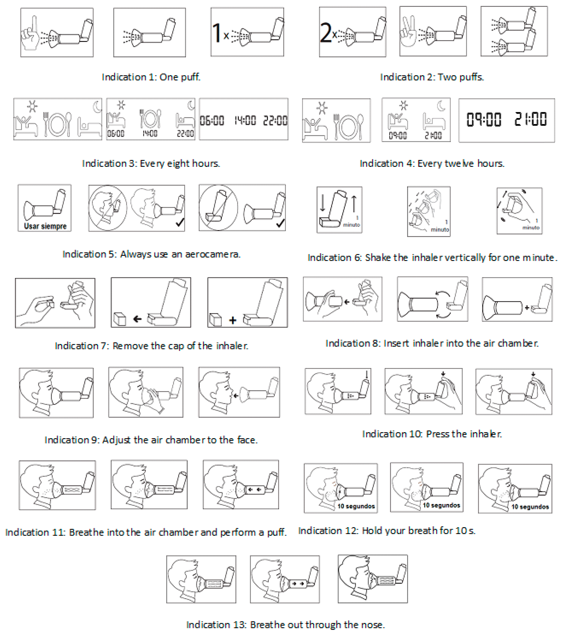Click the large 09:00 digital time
[484, 119]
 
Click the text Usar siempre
[45, 226]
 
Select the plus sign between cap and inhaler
[233, 320]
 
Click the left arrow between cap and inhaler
[137, 319]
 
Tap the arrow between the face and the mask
[236, 396]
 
